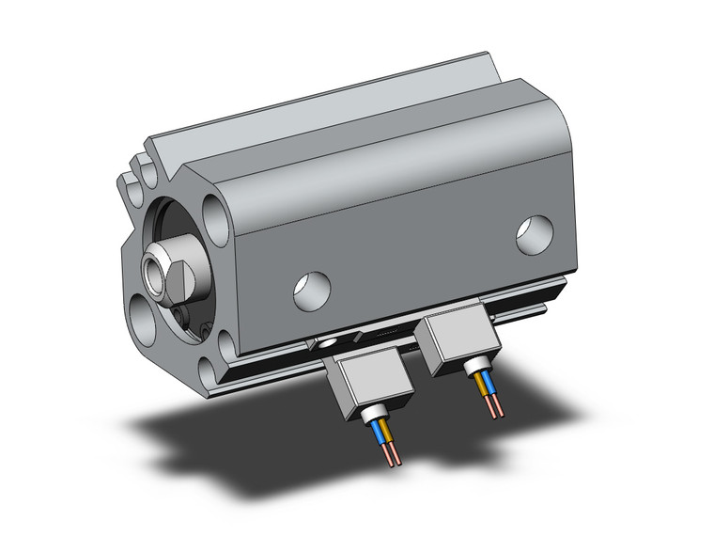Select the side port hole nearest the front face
click(312, 291)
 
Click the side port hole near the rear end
click(535, 235)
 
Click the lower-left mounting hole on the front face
click(143, 312)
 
